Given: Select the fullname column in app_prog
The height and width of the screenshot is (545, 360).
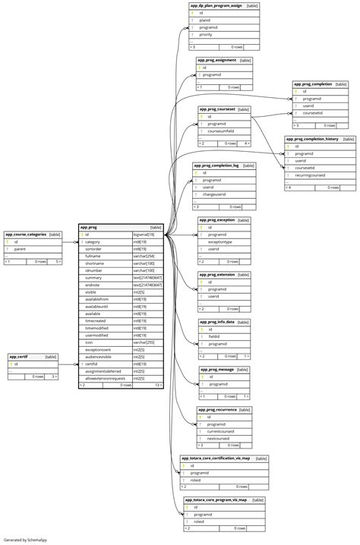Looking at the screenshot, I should pos(94,256).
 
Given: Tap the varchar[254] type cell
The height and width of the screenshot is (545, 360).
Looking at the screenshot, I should pos(144,256).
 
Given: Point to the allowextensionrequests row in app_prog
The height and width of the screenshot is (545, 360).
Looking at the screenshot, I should pos(105,378).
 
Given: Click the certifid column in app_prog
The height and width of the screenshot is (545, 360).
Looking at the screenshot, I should pos(91,364).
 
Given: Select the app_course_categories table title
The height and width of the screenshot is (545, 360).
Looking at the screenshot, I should pos(26,235).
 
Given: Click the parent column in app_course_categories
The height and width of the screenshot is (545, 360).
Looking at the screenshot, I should pos(20,249).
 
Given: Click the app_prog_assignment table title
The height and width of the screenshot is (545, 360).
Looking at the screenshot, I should pos(216,60).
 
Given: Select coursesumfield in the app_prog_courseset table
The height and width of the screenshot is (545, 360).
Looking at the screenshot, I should pos(222,131).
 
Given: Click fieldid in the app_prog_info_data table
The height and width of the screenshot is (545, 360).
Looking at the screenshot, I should pos(215,336).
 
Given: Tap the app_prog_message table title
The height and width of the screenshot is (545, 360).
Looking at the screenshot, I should pos(220,370).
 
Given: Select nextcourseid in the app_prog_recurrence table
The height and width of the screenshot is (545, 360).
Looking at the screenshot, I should pos(220,439).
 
